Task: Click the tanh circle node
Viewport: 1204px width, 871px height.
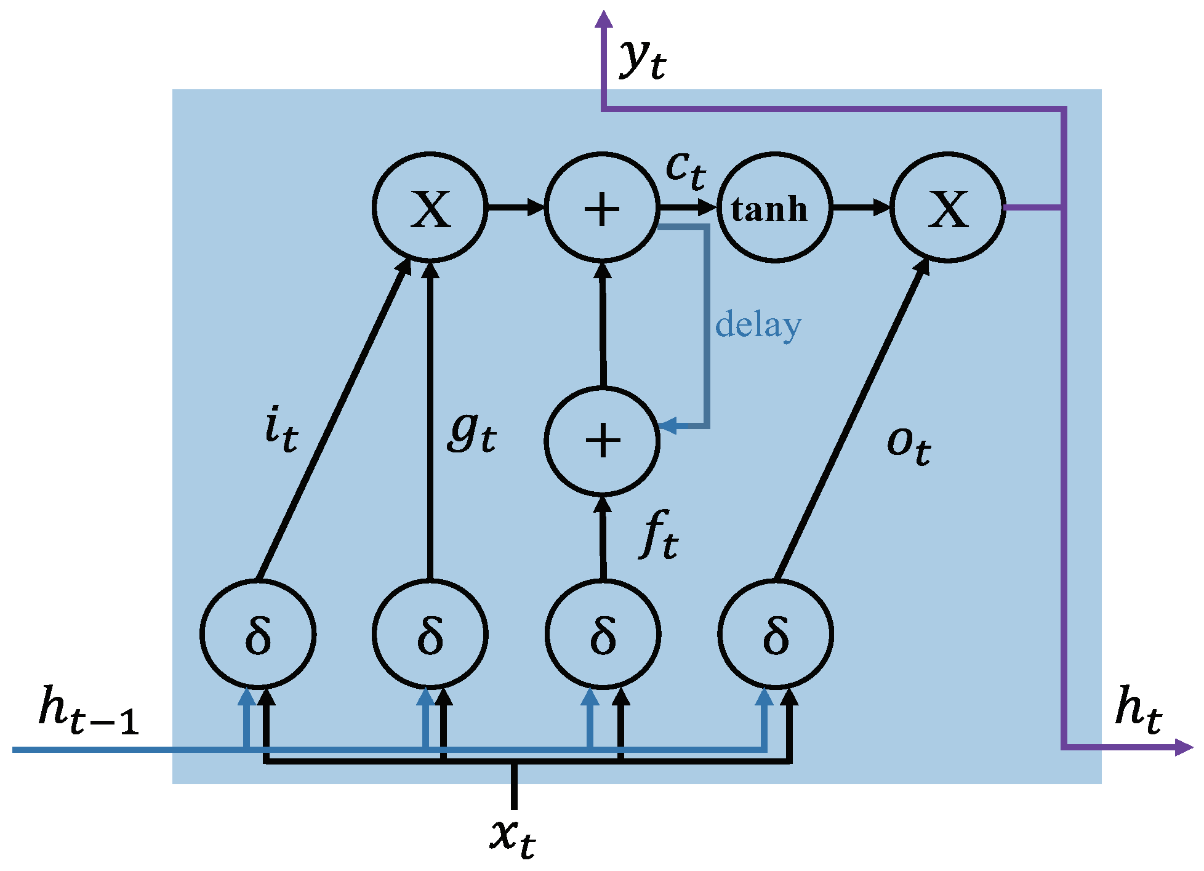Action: (774, 208)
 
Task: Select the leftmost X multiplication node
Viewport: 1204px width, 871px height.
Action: (430, 208)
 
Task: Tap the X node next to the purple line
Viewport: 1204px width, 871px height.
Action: (948, 208)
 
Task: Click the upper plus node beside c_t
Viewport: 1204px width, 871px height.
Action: (602, 208)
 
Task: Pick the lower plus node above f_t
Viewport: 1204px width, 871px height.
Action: (602, 441)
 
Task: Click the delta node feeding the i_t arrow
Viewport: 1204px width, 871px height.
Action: (258, 634)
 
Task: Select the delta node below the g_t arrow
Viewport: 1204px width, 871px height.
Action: (430, 634)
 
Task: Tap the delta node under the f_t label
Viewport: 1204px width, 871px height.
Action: (603, 634)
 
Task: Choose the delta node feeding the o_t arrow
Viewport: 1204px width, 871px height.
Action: (776, 634)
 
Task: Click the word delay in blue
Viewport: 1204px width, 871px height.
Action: (758, 325)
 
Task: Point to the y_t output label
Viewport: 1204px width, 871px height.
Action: (642, 58)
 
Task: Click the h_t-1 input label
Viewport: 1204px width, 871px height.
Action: (88, 711)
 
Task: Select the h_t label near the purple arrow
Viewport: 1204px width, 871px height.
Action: (1138, 710)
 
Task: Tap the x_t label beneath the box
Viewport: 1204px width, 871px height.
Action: (513, 837)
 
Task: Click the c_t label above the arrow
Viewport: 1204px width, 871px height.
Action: (685, 169)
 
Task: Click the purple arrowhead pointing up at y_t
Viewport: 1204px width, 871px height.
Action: (604, 20)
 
